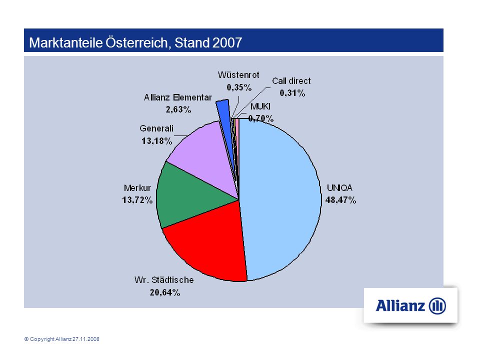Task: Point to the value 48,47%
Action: tap(340, 200)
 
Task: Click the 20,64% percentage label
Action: tap(164, 292)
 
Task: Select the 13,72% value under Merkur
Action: tap(137, 200)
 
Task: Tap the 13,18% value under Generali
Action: tap(156, 141)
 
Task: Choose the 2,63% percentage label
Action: tap(178, 109)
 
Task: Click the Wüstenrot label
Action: tap(238, 75)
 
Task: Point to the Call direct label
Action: tap(291, 81)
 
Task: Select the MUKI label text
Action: tap(260, 106)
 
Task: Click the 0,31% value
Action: tap(292, 93)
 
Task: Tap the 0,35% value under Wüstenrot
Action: tap(239, 87)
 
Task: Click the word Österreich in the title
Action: tap(137, 42)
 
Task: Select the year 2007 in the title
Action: tap(227, 42)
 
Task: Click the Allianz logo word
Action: tap(400, 305)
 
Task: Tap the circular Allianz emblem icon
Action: tap(437, 306)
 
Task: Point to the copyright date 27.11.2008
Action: tap(85, 339)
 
